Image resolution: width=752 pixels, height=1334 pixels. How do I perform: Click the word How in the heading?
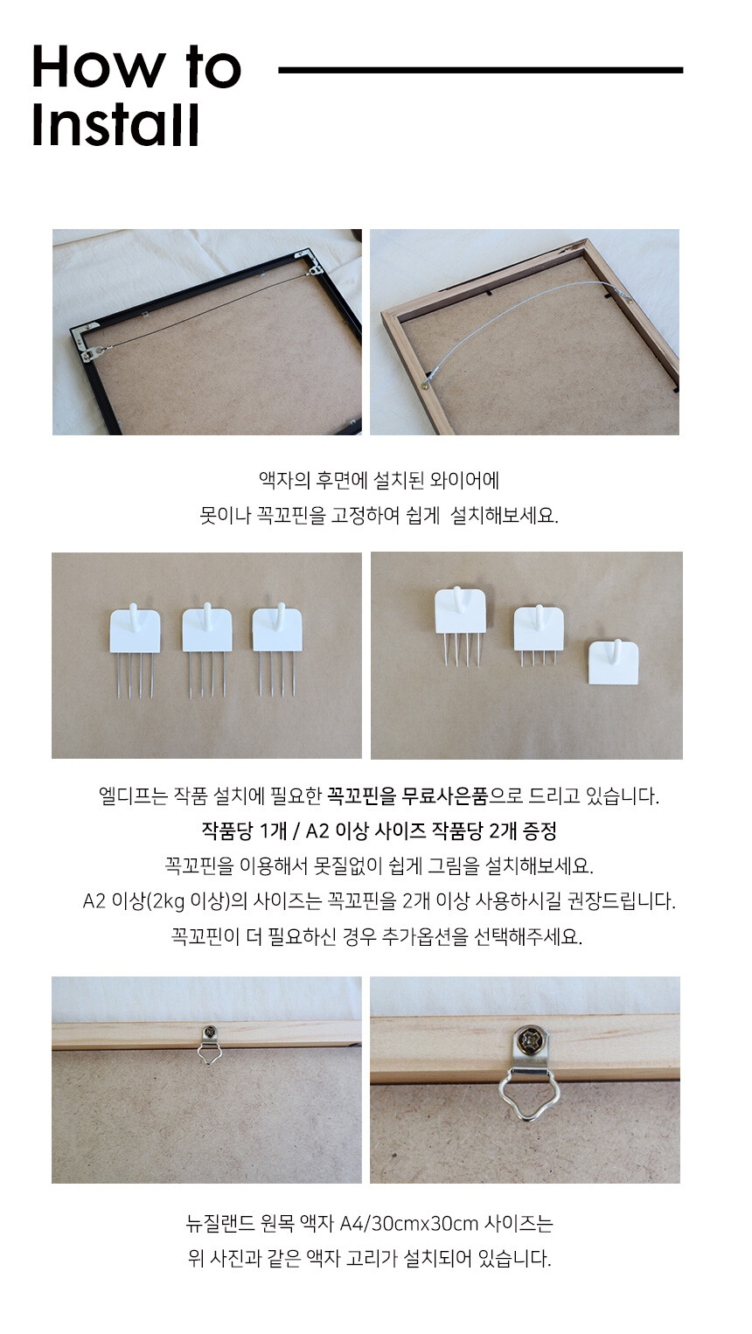[x=98, y=66]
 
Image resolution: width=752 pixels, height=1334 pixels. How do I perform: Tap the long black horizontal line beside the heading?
[x=480, y=70]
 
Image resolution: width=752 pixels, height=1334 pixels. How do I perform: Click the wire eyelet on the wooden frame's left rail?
[x=426, y=385]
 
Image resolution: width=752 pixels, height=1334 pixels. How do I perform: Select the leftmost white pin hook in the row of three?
[x=135, y=650]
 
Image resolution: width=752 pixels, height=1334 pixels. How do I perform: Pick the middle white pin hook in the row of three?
[x=206, y=650]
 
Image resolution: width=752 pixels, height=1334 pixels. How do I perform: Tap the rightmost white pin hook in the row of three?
[x=277, y=650]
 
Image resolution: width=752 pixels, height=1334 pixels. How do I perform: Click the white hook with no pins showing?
[x=613, y=662]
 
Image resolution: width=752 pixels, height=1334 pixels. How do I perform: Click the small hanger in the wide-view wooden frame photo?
[x=209, y=1044]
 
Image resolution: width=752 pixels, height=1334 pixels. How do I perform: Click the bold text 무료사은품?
[x=444, y=796]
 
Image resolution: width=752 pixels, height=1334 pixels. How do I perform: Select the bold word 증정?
[x=540, y=830]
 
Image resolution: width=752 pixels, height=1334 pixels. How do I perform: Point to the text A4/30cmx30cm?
[x=408, y=1224]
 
